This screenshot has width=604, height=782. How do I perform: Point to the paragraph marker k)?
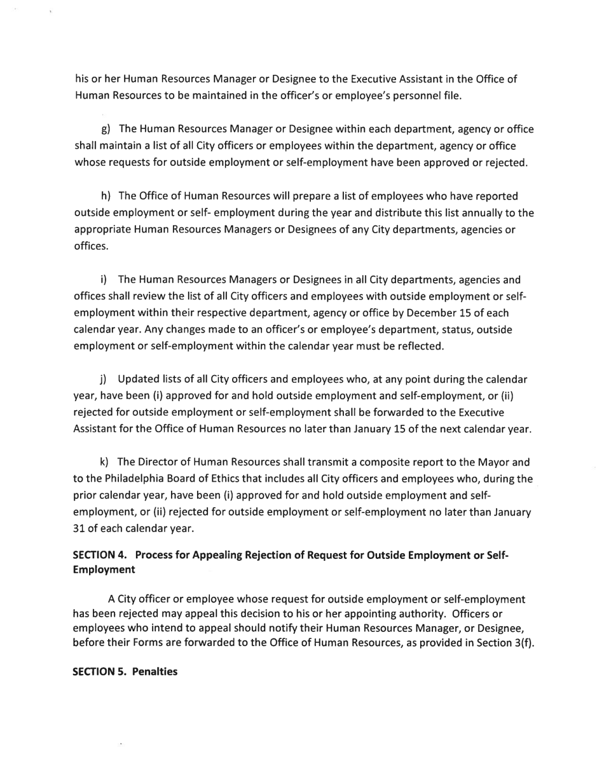[x=104, y=462]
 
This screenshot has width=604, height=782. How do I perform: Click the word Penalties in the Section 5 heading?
[x=153, y=671]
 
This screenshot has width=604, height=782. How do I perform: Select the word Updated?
[x=138, y=380]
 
